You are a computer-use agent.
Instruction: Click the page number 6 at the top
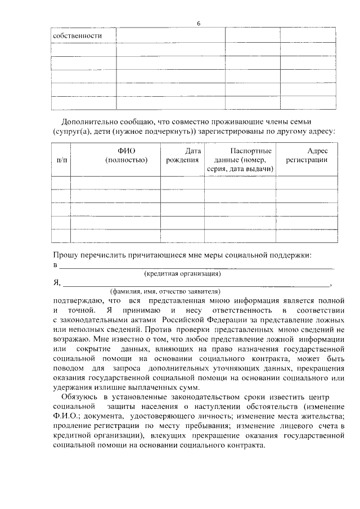[199, 23]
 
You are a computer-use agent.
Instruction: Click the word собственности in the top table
[77, 35]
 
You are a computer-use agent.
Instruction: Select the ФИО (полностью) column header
[127, 156]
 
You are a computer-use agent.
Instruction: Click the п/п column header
[61, 160]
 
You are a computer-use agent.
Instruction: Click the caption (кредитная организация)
[182, 274]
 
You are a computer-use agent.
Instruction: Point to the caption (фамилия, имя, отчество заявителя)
[165, 291]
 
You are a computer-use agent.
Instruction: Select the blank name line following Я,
[197, 285]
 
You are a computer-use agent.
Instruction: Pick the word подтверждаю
[76, 300]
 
